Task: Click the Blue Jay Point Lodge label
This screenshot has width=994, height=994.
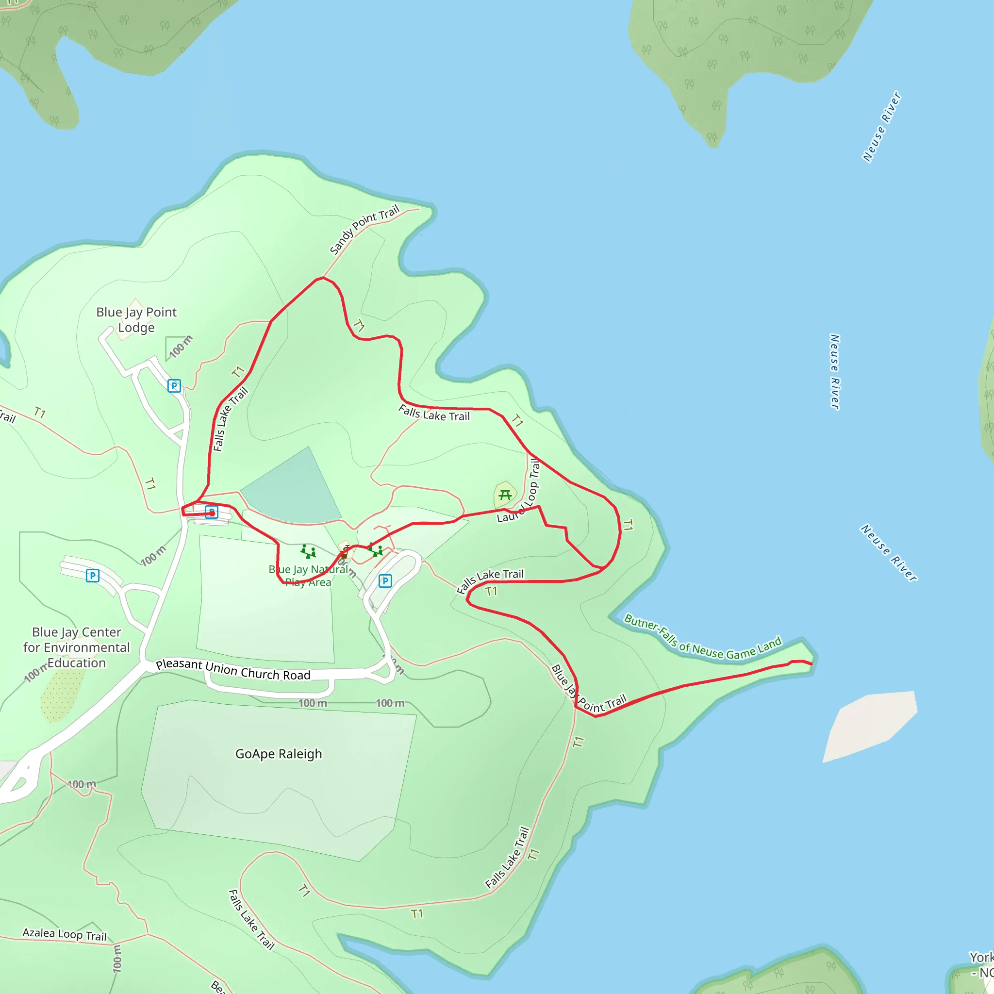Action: coord(136,319)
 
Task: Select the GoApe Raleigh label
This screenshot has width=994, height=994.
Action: coord(278,754)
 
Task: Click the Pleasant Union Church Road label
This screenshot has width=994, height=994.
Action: coord(233,669)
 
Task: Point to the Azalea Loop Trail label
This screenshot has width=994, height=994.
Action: coord(65,934)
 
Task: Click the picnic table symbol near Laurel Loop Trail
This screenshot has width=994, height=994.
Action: coord(505,495)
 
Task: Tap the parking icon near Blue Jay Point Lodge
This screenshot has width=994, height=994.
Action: coord(174,386)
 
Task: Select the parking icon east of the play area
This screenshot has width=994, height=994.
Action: coord(385,581)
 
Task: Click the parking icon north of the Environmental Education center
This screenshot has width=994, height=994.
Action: coord(93,576)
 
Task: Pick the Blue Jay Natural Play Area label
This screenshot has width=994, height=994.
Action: coord(308,576)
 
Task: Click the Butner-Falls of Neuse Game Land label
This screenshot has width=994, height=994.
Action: coord(702,638)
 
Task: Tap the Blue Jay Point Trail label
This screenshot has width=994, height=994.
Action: coord(589,689)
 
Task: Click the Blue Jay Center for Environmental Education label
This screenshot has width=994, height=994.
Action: coord(76,647)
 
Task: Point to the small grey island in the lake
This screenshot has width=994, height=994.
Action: coord(869,726)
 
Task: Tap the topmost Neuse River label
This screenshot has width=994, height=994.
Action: coord(881,127)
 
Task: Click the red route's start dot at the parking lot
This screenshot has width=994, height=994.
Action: coord(212,513)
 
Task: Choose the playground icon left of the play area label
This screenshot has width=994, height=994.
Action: coord(308,551)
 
